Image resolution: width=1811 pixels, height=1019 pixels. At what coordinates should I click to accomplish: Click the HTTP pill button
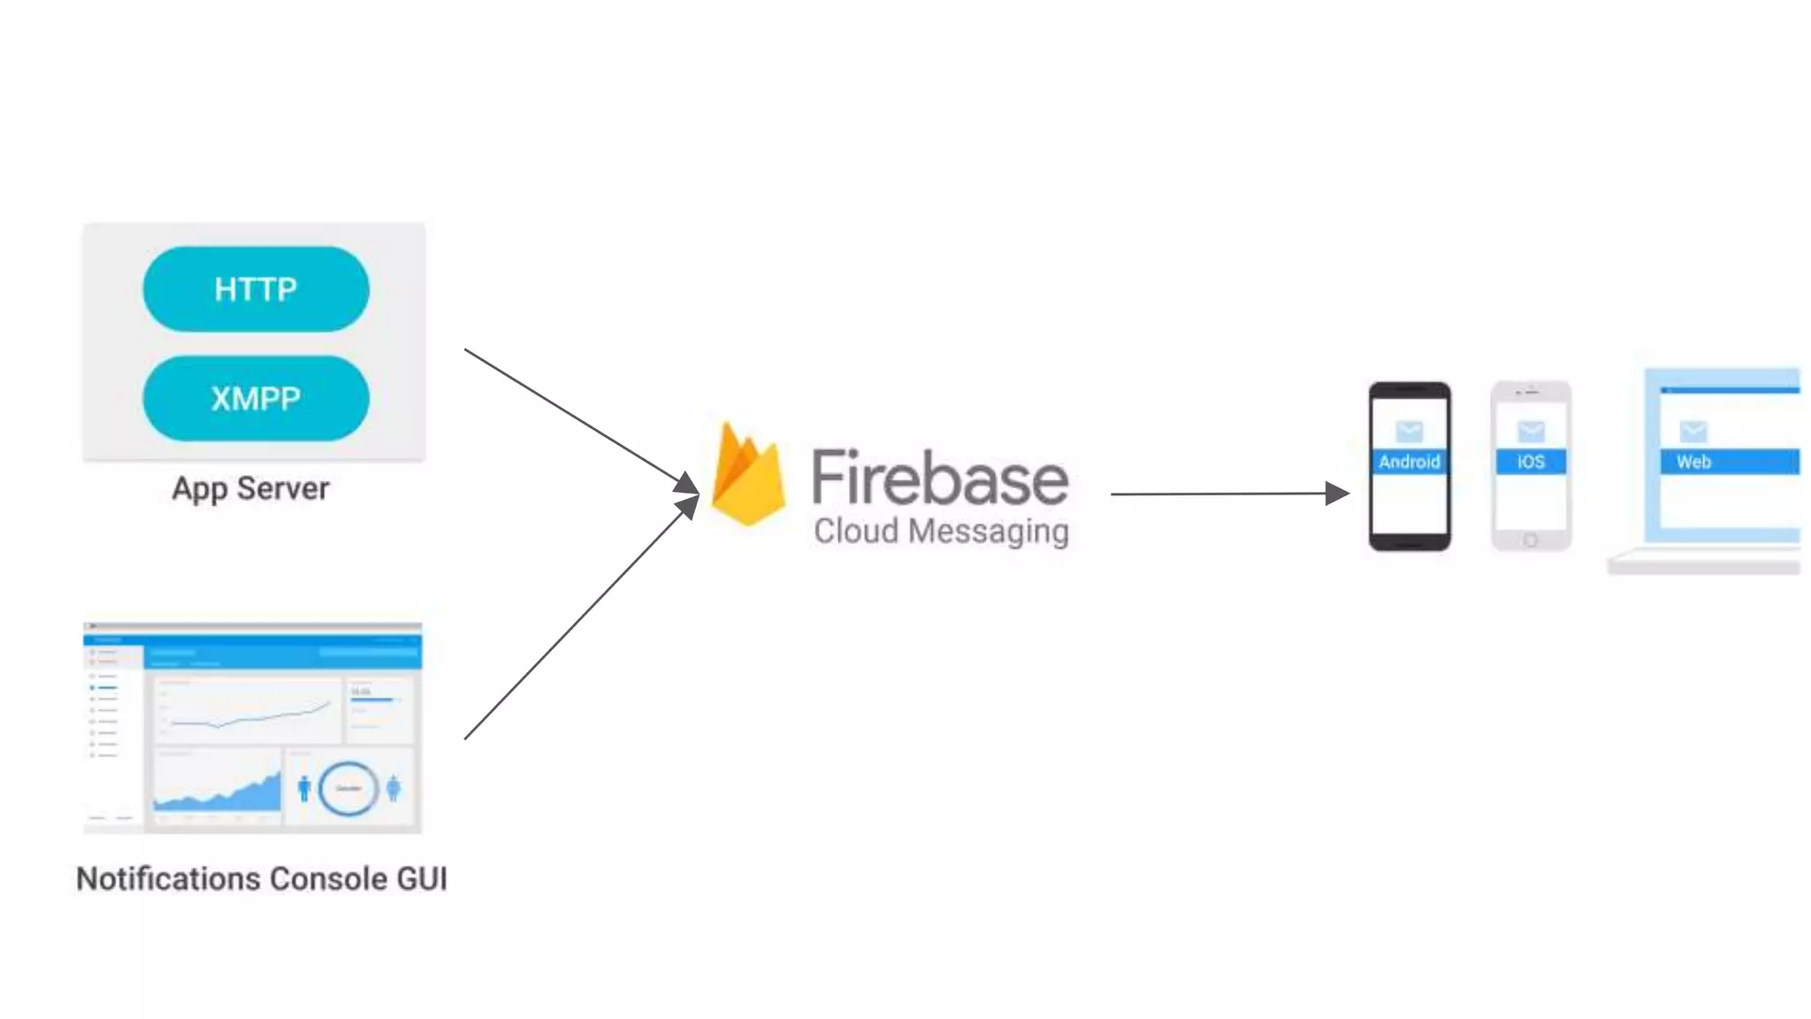click(x=256, y=289)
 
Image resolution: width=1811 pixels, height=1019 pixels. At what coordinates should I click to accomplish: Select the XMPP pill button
click(x=256, y=398)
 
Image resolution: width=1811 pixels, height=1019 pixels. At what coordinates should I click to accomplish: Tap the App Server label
click(x=250, y=488)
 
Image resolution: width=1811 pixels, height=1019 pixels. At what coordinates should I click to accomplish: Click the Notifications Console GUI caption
click(x=262, y=878)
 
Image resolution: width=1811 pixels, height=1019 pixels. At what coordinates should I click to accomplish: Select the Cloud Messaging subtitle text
click(x=941, y=531)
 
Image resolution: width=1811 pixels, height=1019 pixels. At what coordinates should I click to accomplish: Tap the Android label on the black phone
click(x=1409, y=462)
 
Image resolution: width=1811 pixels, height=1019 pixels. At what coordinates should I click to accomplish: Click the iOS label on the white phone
click(x=1531, y=462)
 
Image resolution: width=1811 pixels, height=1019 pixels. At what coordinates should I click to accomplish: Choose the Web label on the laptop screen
click(x=1694, y=462)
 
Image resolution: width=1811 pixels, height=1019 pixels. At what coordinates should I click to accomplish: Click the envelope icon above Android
click(x=1409, y=431)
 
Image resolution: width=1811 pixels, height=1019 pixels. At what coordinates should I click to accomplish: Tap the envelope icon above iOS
click(x=1531, y=431)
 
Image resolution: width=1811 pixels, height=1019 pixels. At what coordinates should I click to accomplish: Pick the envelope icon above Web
click(x=1693, y=431)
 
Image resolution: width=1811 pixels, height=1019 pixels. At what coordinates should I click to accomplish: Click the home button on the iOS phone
click(x=1531, y=540)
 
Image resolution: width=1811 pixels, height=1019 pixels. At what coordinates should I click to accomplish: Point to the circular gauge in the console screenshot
click(x=348, y=787)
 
